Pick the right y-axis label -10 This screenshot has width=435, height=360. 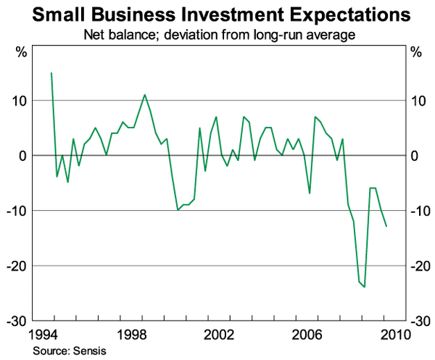point(420,211)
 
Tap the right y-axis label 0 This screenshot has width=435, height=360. point(414,156)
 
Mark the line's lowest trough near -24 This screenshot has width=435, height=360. point(365,287)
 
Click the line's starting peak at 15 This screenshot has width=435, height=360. point(51,73)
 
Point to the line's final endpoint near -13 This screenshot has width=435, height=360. point(386,227)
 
